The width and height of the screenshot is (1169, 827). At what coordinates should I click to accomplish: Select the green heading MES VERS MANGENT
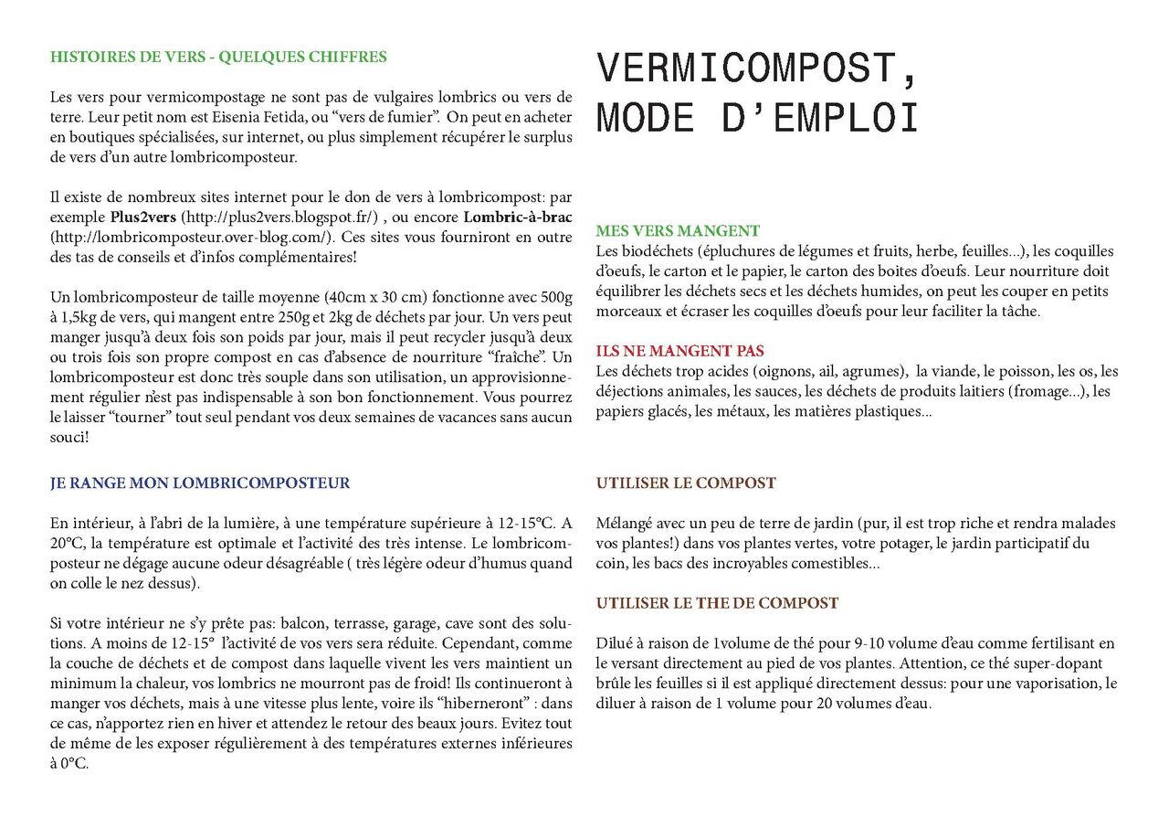pos(678,231)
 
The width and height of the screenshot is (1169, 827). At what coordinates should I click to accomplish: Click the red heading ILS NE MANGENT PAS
pos(680,351)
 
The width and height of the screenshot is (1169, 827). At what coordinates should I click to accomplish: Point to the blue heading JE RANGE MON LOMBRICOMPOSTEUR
pos(200,483)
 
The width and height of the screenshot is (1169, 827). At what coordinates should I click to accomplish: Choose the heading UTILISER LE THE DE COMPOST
pos(717,603)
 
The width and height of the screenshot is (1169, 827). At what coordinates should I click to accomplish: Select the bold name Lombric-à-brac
pos(517,217)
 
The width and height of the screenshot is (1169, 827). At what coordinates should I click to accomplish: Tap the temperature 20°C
pos(66,544)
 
